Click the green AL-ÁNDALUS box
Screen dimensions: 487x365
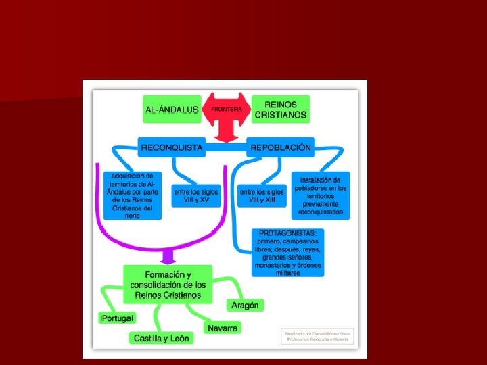(x=172, y=109)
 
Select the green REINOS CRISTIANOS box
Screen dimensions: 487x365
(x=280, y=109)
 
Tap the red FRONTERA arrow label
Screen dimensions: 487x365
(x=226, y=109)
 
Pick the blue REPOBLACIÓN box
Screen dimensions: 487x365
(x=280, y=147)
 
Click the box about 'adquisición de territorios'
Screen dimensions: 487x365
(x=133, y=195)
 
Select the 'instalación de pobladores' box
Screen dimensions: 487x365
(x=320, y=196)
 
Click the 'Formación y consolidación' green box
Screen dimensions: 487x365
(x=167, y=285)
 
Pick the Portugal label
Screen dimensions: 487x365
(x=117, y=318)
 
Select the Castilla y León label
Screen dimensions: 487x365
(x=162, y=338)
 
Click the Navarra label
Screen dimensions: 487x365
(x=223, y=327)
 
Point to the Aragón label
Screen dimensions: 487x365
(x=245, y=306)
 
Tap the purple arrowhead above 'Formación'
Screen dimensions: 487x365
(x=166, y=257)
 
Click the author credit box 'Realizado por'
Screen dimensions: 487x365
(x=317, y=336)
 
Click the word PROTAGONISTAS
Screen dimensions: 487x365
(x=288, y=233)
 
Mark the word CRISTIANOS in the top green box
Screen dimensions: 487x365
(x=280, y=115)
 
